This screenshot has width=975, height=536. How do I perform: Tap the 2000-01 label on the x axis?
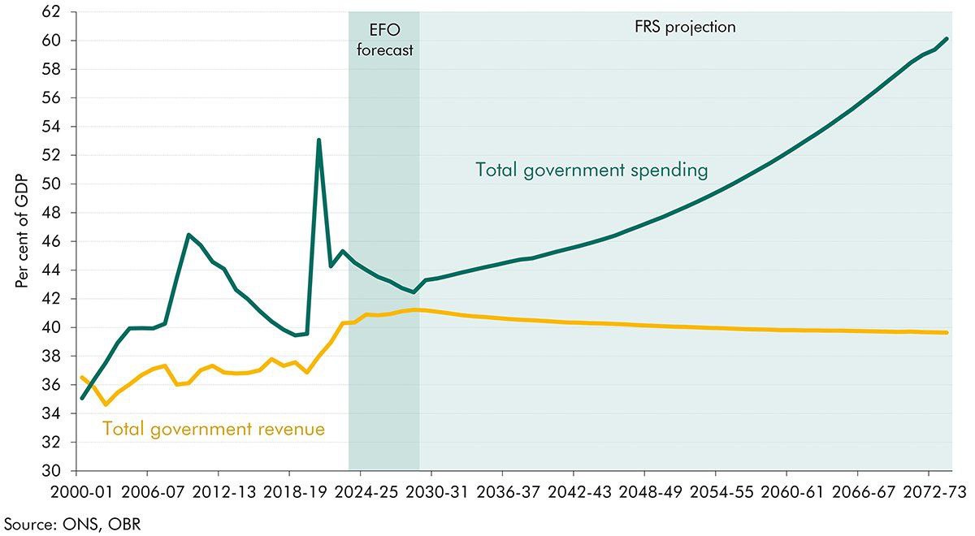click(76, 493)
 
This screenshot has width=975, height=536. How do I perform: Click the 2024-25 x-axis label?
click(360, 493)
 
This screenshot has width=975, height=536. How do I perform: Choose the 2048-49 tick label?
click(644, 493)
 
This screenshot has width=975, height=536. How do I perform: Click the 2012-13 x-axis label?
click(218, 493)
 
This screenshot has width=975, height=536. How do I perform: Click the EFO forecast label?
click(384, 38)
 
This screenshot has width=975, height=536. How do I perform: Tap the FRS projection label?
click(684, 27)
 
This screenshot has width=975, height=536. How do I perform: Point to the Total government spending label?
click(591, 171)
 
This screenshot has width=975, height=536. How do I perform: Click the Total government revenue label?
click(213, 428)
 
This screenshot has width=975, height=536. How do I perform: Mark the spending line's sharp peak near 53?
click(318, 140)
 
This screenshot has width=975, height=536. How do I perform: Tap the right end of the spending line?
click(947, 38)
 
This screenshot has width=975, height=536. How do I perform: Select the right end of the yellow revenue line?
click(947, 332)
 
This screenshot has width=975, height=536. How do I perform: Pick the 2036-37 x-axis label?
click(502, 493)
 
